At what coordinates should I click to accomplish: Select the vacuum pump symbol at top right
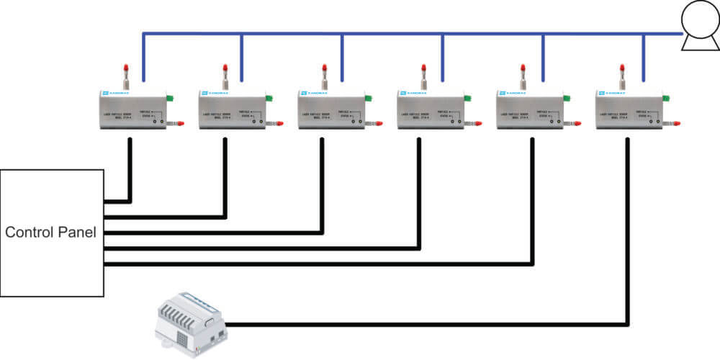pos(698,33)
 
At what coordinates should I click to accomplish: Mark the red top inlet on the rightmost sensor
pos(623,71)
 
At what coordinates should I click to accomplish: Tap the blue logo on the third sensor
pos(303,94)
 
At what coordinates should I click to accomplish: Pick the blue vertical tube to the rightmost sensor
pos(643,58)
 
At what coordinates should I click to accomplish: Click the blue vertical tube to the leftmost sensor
pos(144,58)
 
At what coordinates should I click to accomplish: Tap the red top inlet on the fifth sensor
pos(523,71)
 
